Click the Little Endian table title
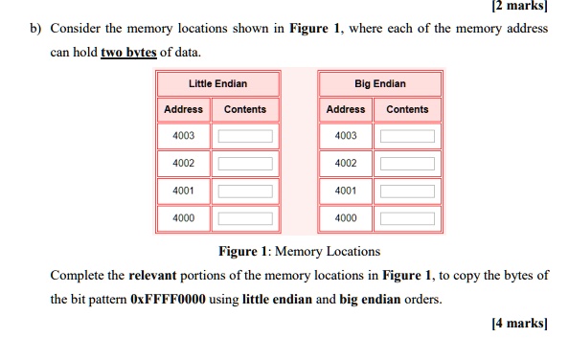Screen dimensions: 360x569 217,84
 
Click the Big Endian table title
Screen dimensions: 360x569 379,84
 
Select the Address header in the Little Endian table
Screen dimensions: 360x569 183,109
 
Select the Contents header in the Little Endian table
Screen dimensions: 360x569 245,109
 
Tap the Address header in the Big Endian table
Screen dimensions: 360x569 346,109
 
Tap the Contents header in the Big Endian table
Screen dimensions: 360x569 407,109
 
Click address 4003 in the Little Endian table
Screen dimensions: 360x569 183,136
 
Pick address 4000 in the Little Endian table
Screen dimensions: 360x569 183,218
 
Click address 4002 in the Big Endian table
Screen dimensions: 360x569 346,164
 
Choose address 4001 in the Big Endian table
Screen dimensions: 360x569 346,191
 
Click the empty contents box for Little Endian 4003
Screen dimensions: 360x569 245,137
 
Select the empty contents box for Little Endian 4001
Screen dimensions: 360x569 245,191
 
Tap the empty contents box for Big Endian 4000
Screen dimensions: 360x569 407,219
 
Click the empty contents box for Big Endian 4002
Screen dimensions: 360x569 407,164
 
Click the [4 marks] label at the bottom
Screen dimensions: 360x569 518,325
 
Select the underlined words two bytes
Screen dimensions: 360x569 127,52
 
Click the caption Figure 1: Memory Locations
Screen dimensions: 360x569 299,251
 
